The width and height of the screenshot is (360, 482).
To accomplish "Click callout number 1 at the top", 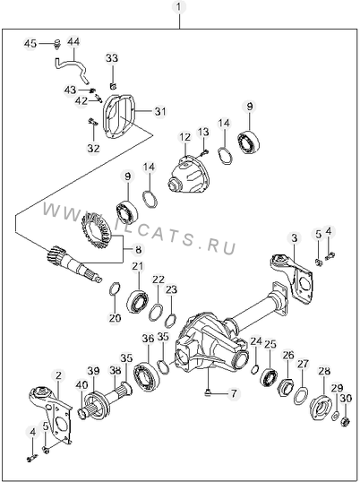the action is (x=180, y=7).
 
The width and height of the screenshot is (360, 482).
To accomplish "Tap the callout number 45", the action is (x=30, y=44).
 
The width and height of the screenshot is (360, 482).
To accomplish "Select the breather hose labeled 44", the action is (x=72, y=70).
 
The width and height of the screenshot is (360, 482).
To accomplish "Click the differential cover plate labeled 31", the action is (x=119, y=116).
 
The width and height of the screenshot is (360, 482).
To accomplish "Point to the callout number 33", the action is (x=112, y=58).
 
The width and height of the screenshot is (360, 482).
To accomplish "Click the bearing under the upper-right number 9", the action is (x=249, y=142).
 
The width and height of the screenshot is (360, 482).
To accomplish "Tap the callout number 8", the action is (x=139, y=250).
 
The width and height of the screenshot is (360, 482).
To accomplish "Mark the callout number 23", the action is (x=171, y=289).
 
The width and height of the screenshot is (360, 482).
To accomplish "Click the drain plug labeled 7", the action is (x=209, y=392).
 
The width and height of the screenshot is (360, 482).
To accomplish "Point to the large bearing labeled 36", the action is (x=146, y=375).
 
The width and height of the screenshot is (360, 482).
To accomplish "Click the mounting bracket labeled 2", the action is (x=52, y=413).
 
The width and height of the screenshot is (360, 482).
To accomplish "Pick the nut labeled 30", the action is (x=346, y=421).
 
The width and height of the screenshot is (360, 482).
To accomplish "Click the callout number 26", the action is (x=288, y=356).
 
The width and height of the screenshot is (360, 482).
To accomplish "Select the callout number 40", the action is (x=81, y=385).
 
